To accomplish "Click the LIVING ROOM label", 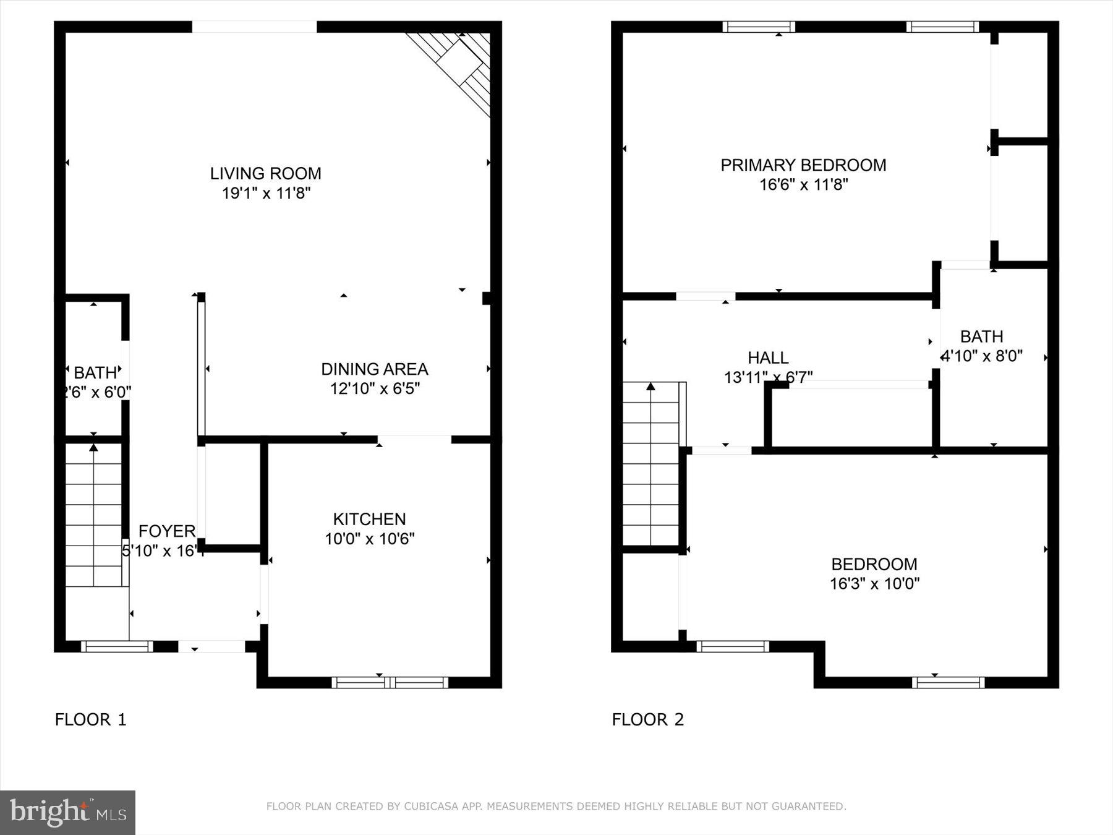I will pos(265,173).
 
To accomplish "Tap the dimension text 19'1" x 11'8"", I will pos(266,193).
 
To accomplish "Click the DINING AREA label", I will pos(374,369).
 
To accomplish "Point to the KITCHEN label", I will pos(369,519).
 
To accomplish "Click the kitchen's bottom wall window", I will pos(390,682).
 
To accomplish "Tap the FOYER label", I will pos(166,531).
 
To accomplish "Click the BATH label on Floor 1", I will pos(95,373).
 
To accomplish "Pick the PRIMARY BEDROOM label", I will pos(803,165).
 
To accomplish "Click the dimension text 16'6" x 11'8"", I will pos(803,184).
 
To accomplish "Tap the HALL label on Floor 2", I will pos(768,358).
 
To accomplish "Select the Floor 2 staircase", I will pos(650,464).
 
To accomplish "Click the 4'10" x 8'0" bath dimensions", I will pos(982,356).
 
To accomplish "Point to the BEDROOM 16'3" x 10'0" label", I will pos(874,564).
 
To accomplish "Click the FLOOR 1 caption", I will pos(90,719).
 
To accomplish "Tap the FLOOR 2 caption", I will pos(647,719).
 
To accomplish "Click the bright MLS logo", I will pos(67,812).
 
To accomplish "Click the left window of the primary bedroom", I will pos(759,27).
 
